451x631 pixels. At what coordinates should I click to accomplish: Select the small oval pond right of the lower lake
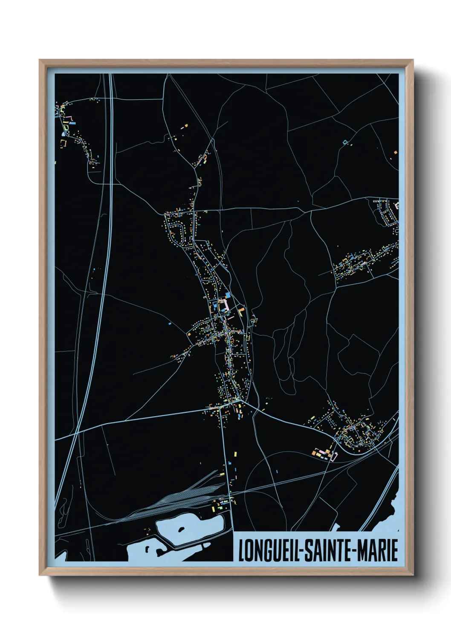coord(206,546)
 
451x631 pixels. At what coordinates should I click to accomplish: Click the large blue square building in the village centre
coord(228,295)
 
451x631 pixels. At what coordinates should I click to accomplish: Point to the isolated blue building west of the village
coord(170,324)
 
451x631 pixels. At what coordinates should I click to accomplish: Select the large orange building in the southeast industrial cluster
coord(320,454)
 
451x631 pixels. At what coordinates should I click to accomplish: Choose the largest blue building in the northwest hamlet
coord(73,123)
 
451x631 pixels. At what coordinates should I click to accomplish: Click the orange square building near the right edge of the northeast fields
coord(396,152)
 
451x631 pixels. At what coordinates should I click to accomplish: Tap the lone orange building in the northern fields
coord(185,126)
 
